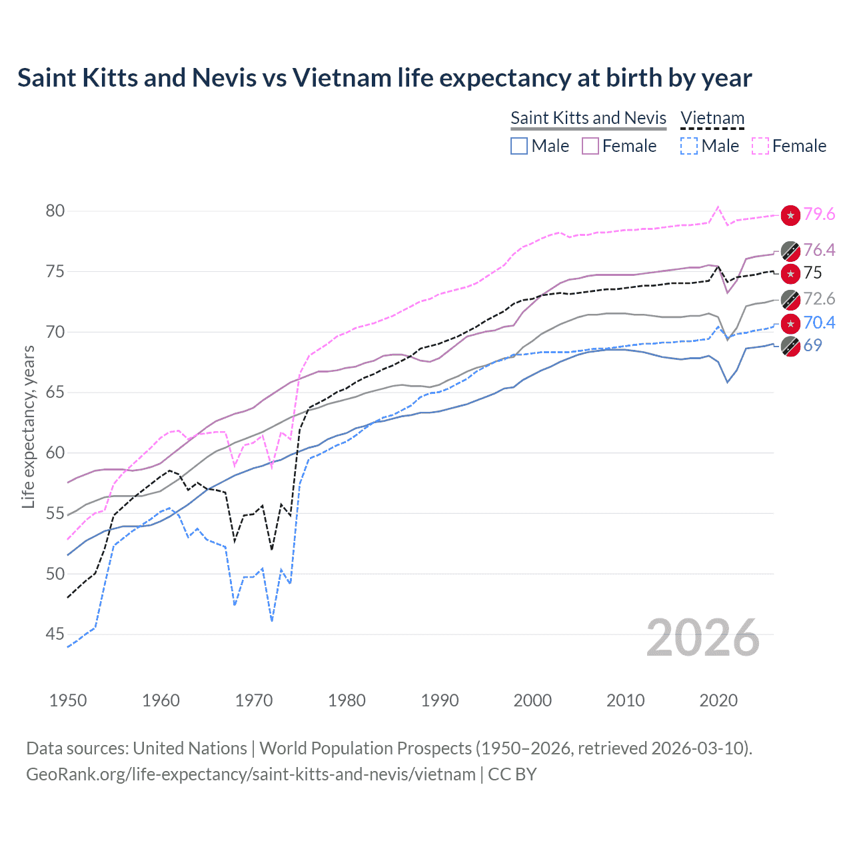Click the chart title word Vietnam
point(342,78)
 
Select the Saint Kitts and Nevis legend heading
point(588,118)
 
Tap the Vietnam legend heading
point(712,118)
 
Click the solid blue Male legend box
point(519,146)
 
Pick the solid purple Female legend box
point(590,146)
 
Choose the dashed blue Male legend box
point(689,146)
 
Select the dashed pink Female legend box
point(760,146)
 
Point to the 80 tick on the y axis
point(55,211)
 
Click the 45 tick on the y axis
point(55,634)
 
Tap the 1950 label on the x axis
point(68,700)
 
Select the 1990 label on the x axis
point(440,700)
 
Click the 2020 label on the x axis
point(718,700)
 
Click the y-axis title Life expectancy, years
point(28,426)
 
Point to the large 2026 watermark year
point(702,638)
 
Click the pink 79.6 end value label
point(819,215)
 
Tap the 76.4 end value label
point(819,250)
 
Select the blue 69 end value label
point(812,345)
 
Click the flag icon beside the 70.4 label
point(790,323)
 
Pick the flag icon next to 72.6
point(790,299)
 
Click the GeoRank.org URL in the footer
point(251,774)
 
